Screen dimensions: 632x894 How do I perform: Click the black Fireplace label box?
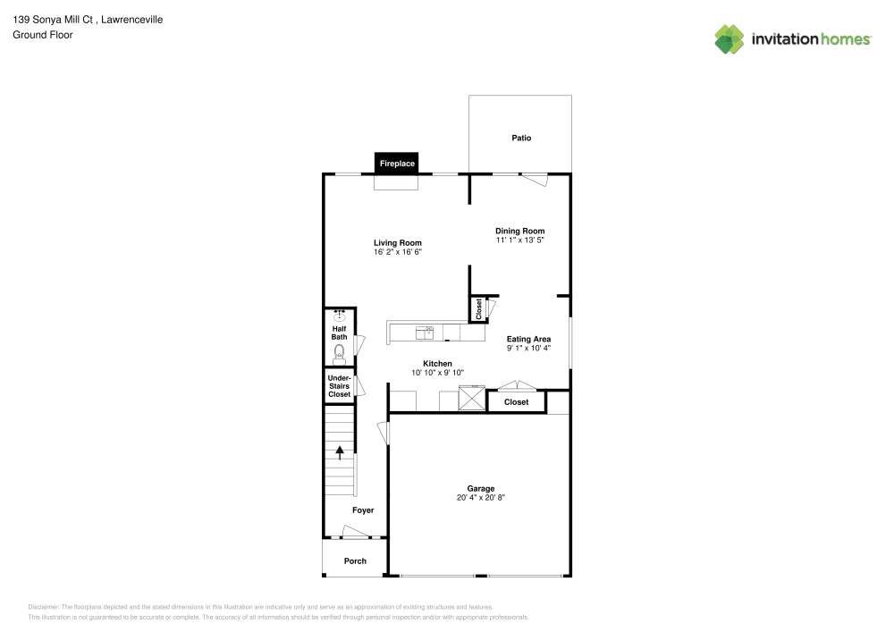pos(397,164)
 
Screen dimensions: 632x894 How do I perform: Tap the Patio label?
pos(521,138)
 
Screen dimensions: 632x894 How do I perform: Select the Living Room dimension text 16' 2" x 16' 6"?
pos(397,252)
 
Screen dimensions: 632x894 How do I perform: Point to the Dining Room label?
pos(520,231)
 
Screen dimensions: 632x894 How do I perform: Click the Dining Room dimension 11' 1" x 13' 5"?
pos(520,240)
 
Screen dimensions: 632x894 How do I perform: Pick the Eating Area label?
pos(528,339)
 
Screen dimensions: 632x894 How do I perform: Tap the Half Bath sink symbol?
pos(340,316)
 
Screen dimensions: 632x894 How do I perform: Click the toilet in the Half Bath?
pos(339,354)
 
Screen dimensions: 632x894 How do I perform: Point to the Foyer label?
pos(363,510)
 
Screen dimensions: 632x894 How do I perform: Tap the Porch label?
pos(356,561)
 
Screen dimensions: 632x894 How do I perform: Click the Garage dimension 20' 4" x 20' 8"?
pos(481,497)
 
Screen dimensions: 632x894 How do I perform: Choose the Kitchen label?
pos(437,364)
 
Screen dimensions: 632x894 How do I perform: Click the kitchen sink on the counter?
pos(425,333)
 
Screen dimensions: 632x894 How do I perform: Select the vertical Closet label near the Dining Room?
pos(479,309)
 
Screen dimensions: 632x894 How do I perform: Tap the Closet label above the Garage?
pos(517,402)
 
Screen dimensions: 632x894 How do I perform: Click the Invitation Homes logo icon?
pos(730,38)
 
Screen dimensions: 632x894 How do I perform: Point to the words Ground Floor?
pos(43,35)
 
